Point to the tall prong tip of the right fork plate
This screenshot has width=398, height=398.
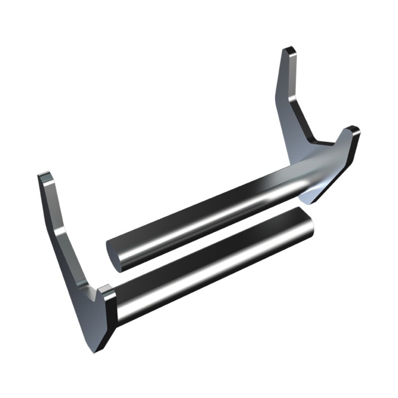click(289, 53)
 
